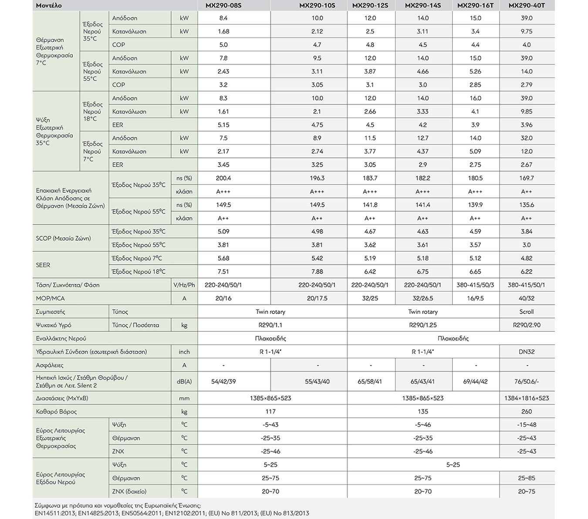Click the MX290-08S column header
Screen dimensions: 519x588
pos(223,5)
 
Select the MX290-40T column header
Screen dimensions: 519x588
pos(526,5)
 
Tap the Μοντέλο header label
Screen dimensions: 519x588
pos(49,6)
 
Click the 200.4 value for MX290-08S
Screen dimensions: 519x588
pos(223,178)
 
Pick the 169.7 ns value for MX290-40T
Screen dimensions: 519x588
pos(526,178)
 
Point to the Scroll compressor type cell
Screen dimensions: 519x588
pos(526,311)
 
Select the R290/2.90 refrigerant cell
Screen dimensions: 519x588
pos(526,325)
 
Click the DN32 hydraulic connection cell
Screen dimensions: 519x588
pos(527,352)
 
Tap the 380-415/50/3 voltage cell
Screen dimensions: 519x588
pos(475,285)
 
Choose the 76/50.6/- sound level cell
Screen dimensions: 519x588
pos(526,382)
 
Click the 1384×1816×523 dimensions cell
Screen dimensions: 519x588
pos(527,398)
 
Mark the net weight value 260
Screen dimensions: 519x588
pos(526,411)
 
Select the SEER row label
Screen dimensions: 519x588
pos(43,265)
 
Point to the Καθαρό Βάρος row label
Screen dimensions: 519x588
pos(56,411)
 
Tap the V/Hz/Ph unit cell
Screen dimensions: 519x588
pos(184,285)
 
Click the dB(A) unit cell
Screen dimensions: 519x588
pos(184,382)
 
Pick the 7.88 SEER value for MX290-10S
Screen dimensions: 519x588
pos(317,271)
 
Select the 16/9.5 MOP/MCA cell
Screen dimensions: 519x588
pos(475,298)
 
